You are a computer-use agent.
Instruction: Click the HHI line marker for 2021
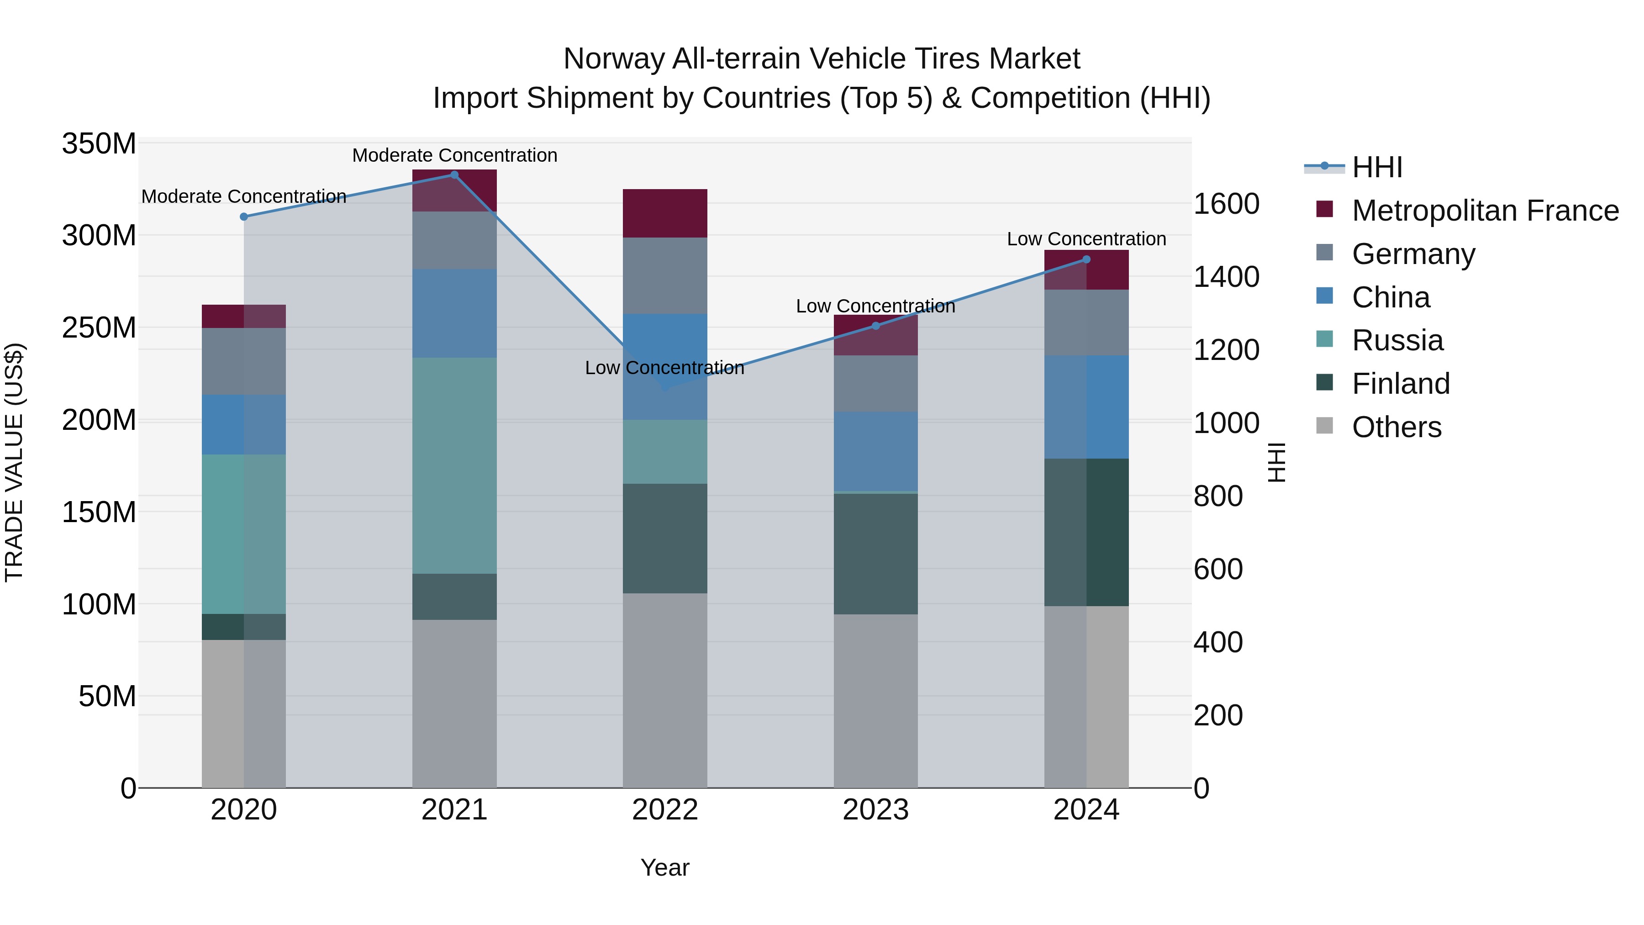tap(454, 175)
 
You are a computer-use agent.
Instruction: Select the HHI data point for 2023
tap(875, 326)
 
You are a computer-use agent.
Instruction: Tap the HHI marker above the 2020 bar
tap(244, 217)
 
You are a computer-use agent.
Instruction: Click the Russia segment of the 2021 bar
tap(454, 465)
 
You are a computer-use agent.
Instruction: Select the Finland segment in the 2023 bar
tap(875, 554)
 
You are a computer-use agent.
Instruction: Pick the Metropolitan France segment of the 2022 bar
tap(665, 213)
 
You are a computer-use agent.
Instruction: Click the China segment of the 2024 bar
tap(1086, 407)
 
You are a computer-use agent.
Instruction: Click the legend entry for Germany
tap(1413, 254)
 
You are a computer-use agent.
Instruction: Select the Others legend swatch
tap(1325, 426)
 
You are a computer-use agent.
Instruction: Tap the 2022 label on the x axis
tap(665, 810)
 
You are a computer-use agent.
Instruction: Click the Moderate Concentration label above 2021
tap(454, 155)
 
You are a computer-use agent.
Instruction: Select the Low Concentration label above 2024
tap(1086, 239)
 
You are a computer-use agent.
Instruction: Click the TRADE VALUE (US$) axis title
tap(14, 462)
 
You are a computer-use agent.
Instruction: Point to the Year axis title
tap(665, 867)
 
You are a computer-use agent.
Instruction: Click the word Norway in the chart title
tap(613, 59)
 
